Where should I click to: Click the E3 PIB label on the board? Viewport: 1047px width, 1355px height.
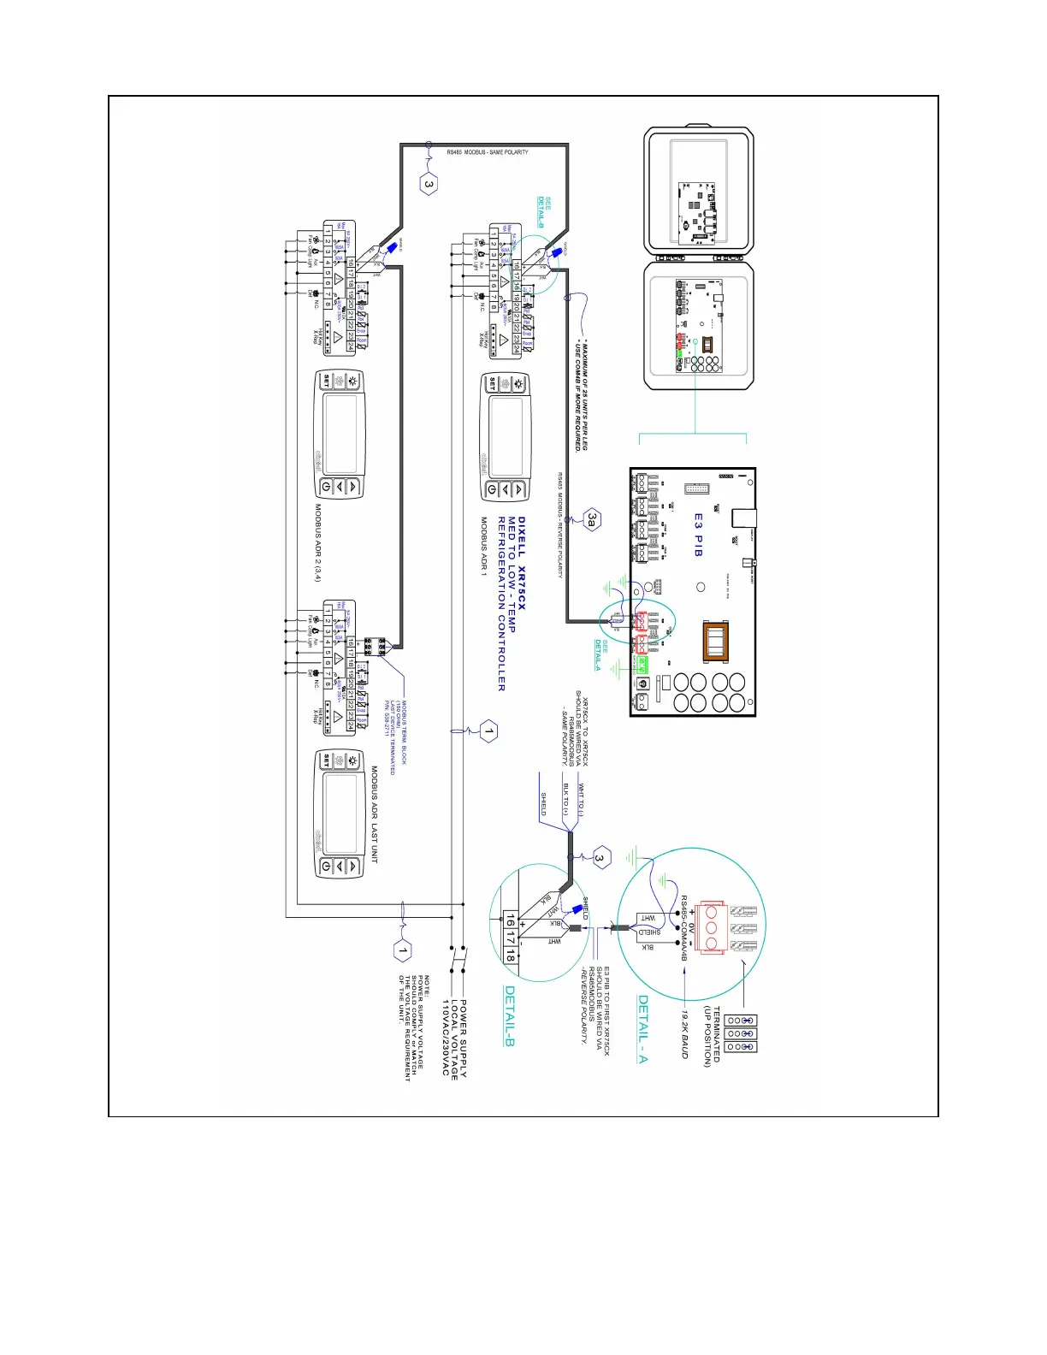(699, 535)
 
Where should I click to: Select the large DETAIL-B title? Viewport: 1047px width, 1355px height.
(509, 1015)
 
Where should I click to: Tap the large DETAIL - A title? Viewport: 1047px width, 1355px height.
(643, 1029)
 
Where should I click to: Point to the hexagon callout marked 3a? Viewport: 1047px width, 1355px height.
(592, 519)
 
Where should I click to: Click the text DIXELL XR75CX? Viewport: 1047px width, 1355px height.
(522, 563)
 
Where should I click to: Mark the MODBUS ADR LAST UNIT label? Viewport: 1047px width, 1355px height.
(375, 814)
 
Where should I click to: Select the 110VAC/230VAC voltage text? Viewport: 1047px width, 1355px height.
(445, 1037)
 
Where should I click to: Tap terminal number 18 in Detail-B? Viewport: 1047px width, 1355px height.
(511, 956)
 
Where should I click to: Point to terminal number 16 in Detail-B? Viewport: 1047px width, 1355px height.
(511, 921)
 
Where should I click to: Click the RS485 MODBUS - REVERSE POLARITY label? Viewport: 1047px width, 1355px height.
(560, 524)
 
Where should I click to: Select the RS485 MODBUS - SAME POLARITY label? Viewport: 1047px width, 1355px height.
(488, 152)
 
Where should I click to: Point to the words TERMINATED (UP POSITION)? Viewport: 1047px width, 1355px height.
(712, 1035)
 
